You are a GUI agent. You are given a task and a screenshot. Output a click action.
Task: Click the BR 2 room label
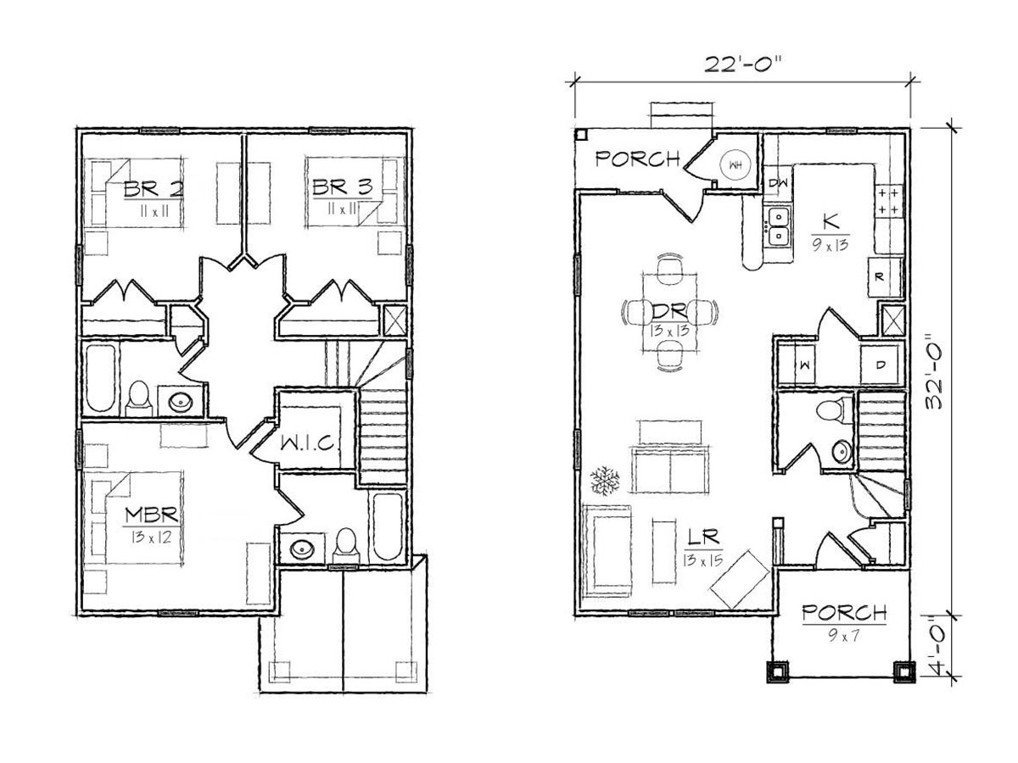[154, 189]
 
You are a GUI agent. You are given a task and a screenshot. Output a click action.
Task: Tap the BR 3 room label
[342, 187]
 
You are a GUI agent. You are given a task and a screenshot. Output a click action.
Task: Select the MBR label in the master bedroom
[152, 515]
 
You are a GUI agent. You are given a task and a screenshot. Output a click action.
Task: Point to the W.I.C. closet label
[307, 443]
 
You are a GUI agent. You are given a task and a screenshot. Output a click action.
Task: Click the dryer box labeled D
[881, 365]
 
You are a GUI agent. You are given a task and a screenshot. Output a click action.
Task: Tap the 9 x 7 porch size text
[843, 636]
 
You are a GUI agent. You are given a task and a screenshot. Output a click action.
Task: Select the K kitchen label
[831, 222]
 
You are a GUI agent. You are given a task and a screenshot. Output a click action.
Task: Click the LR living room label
[703, 537]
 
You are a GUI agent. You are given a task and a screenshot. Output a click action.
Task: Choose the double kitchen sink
[778, 228]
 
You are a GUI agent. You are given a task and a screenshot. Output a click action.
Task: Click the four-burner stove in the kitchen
[888, 201]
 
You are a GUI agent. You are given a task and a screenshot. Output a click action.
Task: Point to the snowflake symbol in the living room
[605, 481]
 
